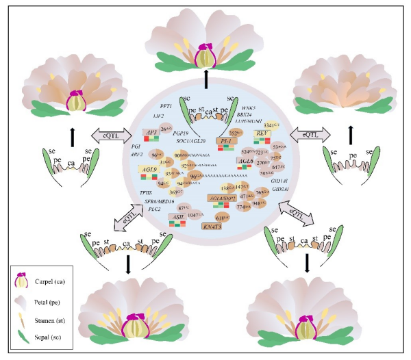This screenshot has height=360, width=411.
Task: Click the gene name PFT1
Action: pyautogui.click(x=166, y=107)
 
